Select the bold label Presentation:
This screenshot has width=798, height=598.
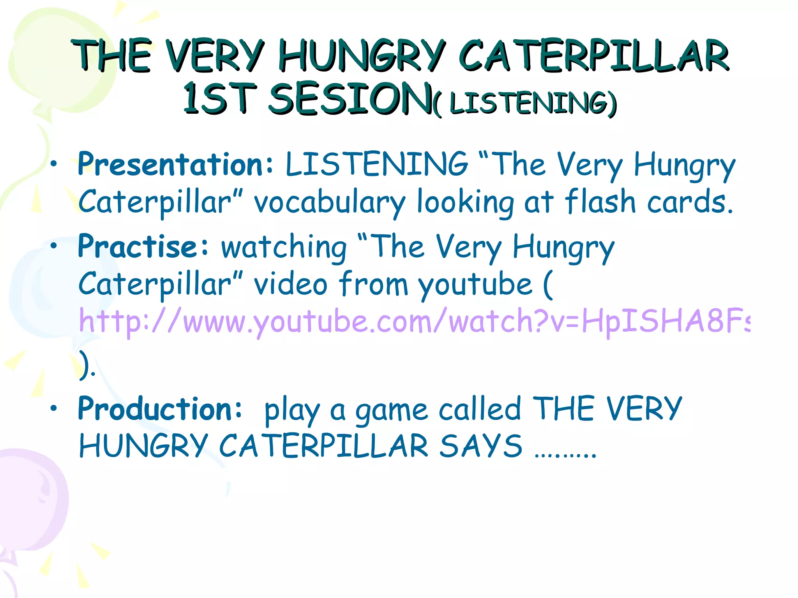click(175, 164)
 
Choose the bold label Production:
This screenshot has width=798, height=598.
click(160, 409)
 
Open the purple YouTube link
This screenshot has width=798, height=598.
click(413, 322)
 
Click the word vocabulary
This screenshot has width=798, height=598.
click(330, 202)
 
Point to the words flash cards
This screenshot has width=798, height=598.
click(649, 202)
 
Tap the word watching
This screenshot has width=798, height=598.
click(284, 248)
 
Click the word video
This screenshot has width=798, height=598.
click(291, 284)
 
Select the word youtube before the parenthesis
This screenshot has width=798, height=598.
click(475, 285)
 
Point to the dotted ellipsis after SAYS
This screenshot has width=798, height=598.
click(565, 454)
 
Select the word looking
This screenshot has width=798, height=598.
click(465, 202)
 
